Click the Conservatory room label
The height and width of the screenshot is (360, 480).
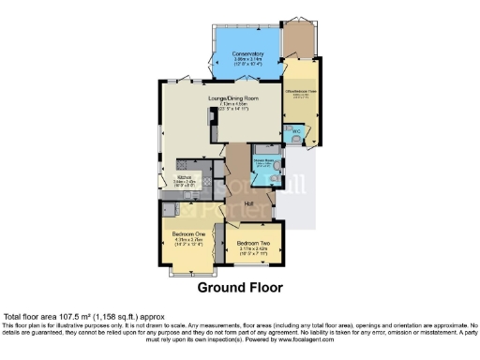click(x=247, y=53)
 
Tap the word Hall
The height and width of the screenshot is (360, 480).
click(x=250, y=203)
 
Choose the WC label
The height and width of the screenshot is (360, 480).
click(x=295, y=130)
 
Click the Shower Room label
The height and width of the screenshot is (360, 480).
click(x=262, y=160)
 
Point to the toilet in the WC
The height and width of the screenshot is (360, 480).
click(x=297, y=140)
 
